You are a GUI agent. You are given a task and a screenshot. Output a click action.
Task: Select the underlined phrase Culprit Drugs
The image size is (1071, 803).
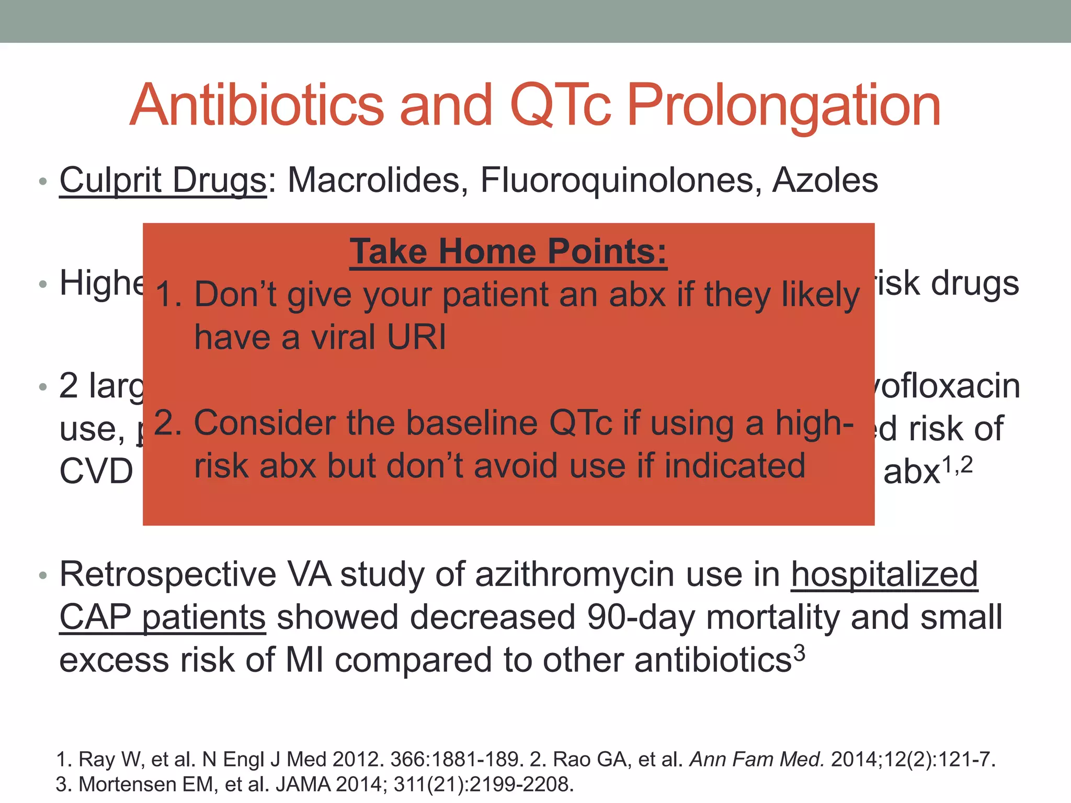[163, 181]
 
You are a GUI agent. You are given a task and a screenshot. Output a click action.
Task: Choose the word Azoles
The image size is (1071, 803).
[825, 180]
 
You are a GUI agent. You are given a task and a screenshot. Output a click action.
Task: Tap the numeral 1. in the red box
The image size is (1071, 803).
[168, 295]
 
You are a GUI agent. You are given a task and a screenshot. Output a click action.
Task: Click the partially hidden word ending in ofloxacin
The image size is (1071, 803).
[947, 386]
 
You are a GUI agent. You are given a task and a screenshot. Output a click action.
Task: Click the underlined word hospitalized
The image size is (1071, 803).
[884, 574]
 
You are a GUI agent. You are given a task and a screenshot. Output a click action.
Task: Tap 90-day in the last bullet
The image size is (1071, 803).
[641, 617]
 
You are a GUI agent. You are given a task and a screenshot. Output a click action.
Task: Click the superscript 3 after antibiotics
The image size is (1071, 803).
[799, 653]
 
